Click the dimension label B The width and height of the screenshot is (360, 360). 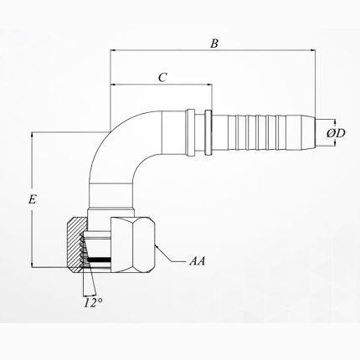click(214, 43)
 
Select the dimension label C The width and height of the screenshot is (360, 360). click(162, 77)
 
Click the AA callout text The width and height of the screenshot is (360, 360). click(198, 262)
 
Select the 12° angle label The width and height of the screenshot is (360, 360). click(94, 301)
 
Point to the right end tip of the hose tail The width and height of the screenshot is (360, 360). click(316, 132)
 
